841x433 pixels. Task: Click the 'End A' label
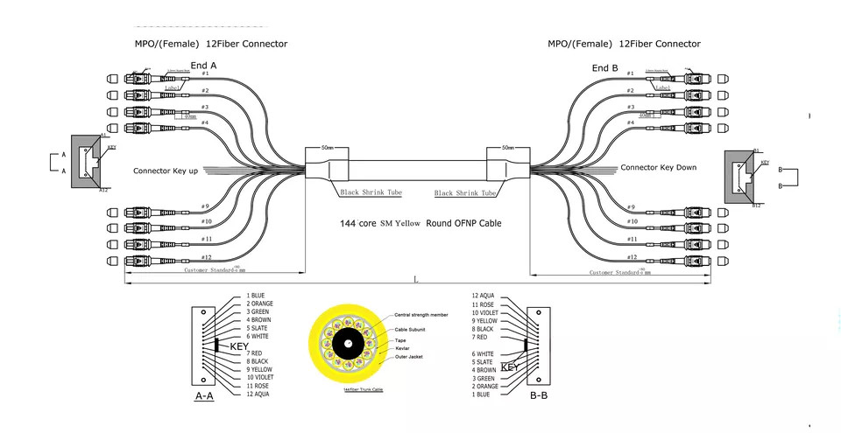point(204,64)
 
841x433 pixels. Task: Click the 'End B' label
point(604,67)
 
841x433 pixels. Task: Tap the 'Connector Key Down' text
point(658,167)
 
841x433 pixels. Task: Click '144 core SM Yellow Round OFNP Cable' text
point(420,223)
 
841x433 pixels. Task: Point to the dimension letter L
point(416,279)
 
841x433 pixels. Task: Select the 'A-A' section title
point(204,395)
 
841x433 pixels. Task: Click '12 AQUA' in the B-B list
point(484,296)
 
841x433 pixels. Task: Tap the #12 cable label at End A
point(206,257)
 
